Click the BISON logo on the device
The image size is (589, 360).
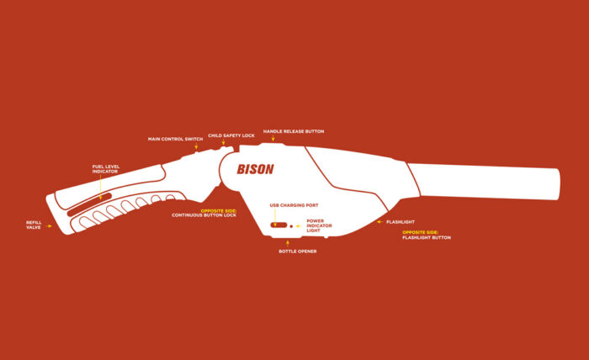pyautogui.click(x=255, y=168)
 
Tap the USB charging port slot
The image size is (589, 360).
pyautogui.click(x=279, y=225)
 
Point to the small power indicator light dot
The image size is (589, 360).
pyautogui.click(x=291, y=225)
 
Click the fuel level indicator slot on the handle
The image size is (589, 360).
pyautogui.click(x=84, y=204)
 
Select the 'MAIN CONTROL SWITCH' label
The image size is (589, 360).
pyautogui.click(x=175, y=139)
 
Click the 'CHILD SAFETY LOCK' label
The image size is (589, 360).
pyautogui.click(x=231, y=135)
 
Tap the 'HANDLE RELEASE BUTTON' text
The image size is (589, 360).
pyautogui.click(x=293, y=131)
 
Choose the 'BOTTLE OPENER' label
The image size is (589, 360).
pyautogui.click(x=298, y=251)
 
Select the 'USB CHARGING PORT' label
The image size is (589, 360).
pyautogui.click(x=294, y=205)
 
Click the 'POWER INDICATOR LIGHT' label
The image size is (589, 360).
pyautogui.click(x=320, y=225)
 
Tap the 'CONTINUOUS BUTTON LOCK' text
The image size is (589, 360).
pyautogui.click(x=204, y=215)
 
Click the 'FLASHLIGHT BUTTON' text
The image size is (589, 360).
pyautogui.click(x=427, y=238)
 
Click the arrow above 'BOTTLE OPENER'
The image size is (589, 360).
pyautogui.click(x=288, y=243)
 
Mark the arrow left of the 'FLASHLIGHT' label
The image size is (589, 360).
pyautogui.click(x=379, y=222)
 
